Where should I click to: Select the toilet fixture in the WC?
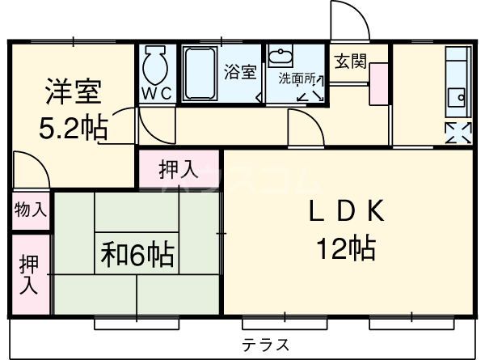pyautogui.click(x=155, y=65)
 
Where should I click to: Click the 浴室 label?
pyautogui.click(x=239, y=71)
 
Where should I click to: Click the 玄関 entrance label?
pyautogui.click(x=349, y=59)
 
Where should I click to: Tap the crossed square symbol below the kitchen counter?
pyautogui.click(x=457, y=131)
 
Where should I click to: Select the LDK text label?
pyautogui.click(x=345, y=211)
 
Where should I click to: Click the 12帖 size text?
pyautogui.click(x=345, y=248)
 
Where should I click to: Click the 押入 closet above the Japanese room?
pyautogui.click(x=178, y=170)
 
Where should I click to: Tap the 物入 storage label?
pyautogui.click(x=30, y=210)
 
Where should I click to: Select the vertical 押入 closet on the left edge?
pyautogui.click(x=30, y=273)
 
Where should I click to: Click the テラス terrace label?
pyautogui.click(x=266, y=344)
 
